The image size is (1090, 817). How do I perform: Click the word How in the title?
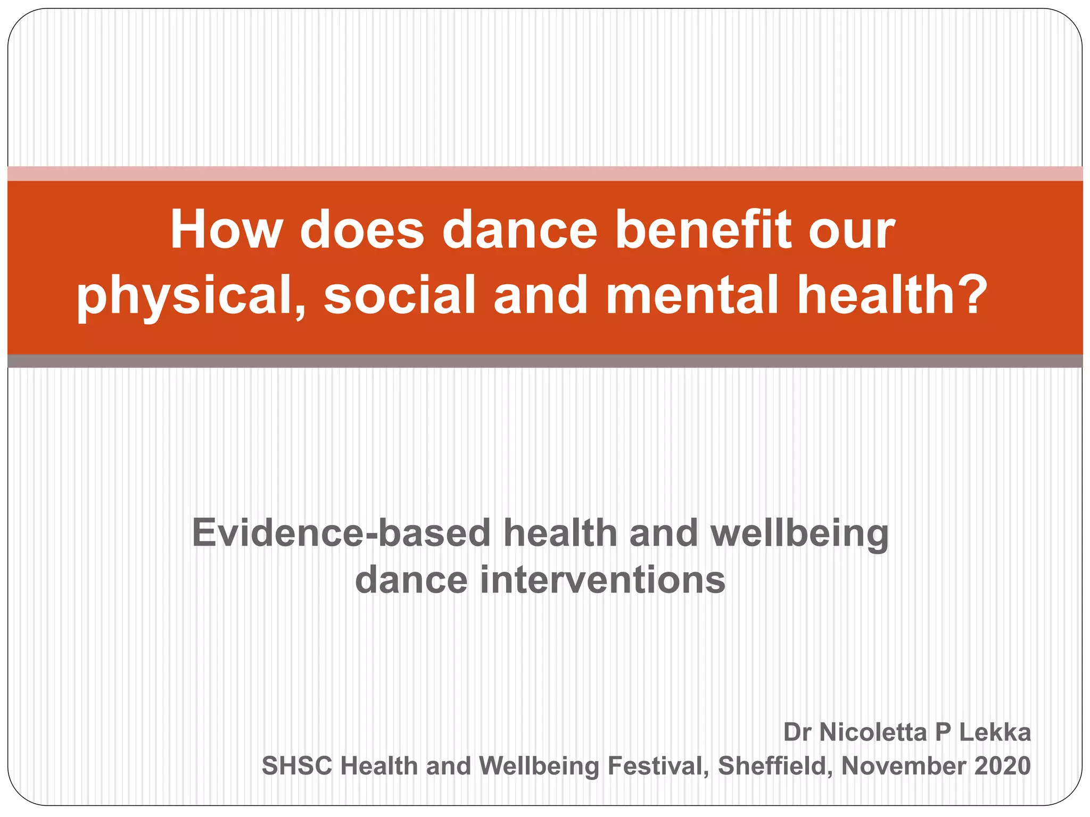click(x=226, y=230)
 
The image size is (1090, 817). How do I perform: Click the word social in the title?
click(x=399, y=296)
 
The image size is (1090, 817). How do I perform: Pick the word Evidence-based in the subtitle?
click(x=341, y=533)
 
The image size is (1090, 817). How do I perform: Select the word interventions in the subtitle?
click(x=602, y=580)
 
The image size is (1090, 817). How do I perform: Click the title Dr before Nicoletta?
click(x=797, y=732)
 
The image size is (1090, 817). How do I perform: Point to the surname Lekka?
click(x=995, y=732)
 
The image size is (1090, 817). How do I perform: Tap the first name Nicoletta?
click(x=873, y=732)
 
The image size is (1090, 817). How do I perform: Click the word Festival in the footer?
click(x=658, y=766)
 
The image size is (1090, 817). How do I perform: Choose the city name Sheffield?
click(x=775, y=766)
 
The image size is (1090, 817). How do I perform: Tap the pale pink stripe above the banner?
click(x=545, y=173)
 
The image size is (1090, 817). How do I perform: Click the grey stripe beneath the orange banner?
click(x=545, y=361)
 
